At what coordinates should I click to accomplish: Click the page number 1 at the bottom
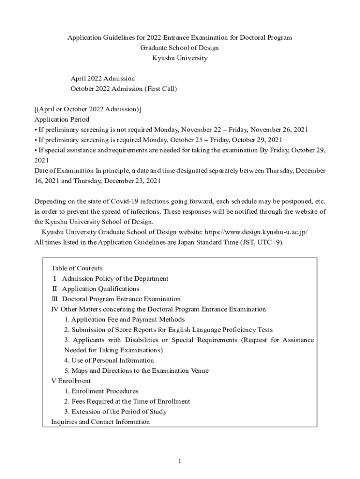tap(180, 461)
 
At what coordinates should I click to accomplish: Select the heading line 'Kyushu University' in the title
tap(180, 58)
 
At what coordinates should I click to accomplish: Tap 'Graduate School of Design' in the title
tap(180, 48)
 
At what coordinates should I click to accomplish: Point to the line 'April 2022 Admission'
tap(102, 78)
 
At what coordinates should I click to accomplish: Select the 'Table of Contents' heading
tap(77, 268)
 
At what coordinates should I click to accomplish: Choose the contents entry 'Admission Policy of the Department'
tap(115, 278)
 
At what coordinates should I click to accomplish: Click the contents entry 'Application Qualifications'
tap(101, 289)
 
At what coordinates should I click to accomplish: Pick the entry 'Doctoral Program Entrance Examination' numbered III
tap(121, 299)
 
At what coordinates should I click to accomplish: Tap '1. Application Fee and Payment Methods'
tap(125, 319)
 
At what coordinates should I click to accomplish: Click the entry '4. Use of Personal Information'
tap(109, 360)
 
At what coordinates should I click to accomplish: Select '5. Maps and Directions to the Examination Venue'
tap(137, 370)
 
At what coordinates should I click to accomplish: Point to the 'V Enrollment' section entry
tap(71, 381)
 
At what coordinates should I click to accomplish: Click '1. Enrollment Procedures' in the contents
tap(101, 391)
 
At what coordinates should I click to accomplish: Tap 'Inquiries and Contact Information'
tap(101, 422)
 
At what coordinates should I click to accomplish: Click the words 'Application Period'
tap(62, 119)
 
